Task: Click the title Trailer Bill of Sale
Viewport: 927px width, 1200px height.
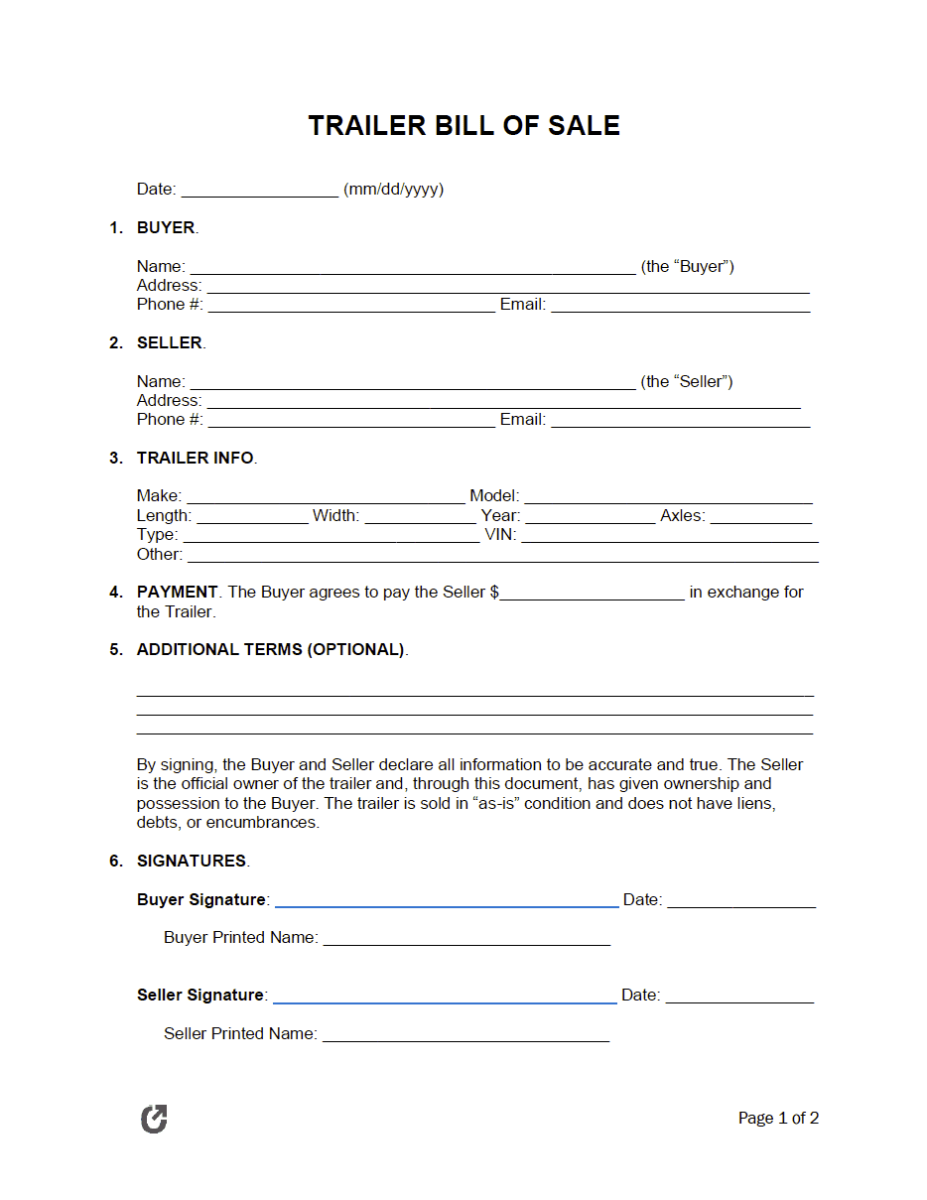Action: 463,126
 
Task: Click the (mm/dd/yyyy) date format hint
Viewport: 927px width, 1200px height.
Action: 393,189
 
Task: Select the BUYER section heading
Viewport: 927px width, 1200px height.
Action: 166,227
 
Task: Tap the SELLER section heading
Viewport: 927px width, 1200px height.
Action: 170,342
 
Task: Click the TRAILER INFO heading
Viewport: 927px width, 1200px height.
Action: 196,458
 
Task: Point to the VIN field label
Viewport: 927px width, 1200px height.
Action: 500,535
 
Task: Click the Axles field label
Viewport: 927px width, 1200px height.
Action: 682,516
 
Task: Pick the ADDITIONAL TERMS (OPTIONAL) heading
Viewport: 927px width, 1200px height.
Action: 271,649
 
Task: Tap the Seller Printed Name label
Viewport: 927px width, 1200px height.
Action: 240,1033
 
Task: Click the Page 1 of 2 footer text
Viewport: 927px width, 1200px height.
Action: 778,1119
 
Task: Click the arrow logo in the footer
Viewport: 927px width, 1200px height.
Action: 154,1119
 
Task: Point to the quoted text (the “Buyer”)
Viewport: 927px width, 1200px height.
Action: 688,266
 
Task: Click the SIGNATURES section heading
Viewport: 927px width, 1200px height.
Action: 192,861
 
